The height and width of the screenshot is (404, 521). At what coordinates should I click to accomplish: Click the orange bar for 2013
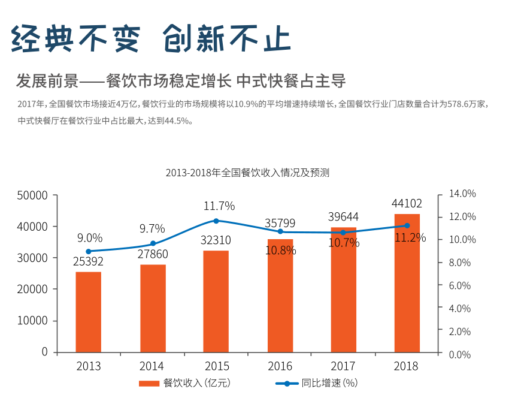pos(89,312)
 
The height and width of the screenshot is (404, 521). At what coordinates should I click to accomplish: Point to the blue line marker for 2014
pos(153,243)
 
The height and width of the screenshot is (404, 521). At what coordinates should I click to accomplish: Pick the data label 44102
pos(407,203)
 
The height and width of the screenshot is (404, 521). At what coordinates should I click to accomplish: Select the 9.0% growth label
pos(90,238)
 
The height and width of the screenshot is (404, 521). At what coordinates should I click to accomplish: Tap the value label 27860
pos(153,254)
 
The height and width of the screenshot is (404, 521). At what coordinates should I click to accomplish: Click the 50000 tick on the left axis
pos(33,195)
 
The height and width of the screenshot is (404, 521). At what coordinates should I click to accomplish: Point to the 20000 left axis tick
pos(33,289)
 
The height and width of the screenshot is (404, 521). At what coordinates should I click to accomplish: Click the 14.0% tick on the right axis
pos(462,194)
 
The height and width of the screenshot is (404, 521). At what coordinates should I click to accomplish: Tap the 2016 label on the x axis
pos(280,366)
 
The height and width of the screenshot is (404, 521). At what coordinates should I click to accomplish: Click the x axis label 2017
pos(344,366)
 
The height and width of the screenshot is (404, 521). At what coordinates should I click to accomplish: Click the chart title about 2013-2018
pos(247,173)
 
